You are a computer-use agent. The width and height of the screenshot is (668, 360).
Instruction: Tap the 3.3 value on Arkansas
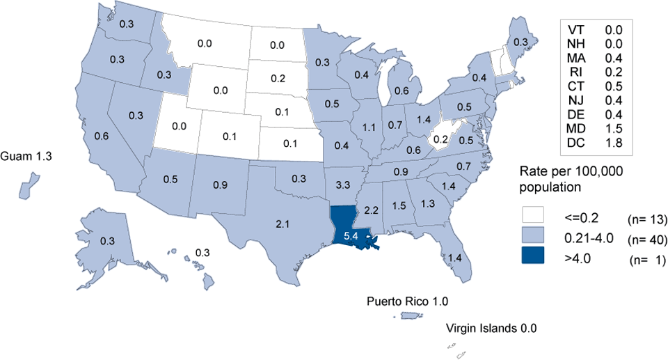click(x=342, y=186)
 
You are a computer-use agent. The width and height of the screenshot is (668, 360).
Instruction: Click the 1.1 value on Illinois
click(x=369, y=127)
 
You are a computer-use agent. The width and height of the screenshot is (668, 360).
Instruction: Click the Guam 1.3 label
click(x=28, y=155)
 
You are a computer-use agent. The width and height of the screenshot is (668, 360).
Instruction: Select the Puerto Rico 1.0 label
click(x=408, y=302)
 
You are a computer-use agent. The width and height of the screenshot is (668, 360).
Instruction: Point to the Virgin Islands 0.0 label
click(x=492, y=327)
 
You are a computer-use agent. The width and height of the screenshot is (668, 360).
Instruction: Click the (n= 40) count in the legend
click(x=647, y=241)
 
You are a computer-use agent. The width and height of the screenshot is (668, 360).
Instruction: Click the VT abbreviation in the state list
click(x=576, y=29)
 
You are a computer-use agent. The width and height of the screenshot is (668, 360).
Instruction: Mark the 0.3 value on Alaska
click(x=108, y=241)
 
